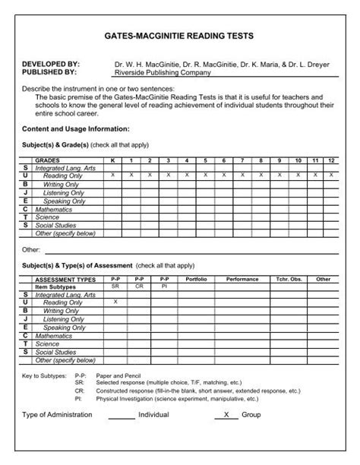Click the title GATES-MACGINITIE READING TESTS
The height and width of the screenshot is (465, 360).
tap(179, 36)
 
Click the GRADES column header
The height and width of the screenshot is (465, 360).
tap(47, 161)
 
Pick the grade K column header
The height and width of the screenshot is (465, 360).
tap(113, 161)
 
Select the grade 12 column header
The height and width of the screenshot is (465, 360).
tap(331, 161)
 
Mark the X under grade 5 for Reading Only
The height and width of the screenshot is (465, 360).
tap(205, 175)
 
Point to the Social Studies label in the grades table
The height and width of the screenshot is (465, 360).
tap(55, 225)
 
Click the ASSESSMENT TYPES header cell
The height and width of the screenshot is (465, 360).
tap(65, 279)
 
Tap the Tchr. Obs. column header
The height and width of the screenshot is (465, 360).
tap(289, 279)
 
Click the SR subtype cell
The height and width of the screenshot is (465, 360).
tap(115, 286)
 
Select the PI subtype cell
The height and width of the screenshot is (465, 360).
tap(163, 286)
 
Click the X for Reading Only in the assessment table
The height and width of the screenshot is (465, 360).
tap(115, 302)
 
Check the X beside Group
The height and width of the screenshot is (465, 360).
tap(225, 415)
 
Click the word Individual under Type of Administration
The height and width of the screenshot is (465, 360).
tap(153, 416)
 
